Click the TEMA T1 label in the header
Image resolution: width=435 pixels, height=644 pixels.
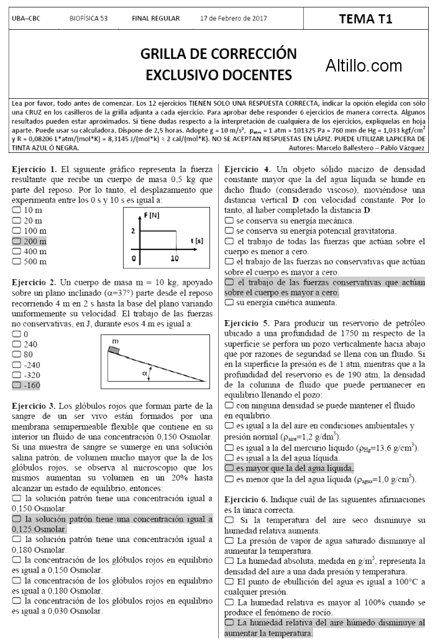pos(365,19)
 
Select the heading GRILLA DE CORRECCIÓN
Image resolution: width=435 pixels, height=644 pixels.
pos(218,53)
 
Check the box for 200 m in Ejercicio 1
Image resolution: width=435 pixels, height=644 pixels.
pos(16,241)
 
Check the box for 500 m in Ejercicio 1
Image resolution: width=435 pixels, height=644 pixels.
pos(16,262)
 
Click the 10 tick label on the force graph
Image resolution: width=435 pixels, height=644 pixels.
pos(175,257)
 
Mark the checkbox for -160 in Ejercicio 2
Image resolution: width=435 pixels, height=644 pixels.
pos(16,385)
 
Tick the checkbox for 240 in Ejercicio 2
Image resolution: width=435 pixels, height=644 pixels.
pos(16,344)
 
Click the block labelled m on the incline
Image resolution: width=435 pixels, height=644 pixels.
pos(114,348)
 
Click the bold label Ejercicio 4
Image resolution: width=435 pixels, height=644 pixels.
pos(247,169)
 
